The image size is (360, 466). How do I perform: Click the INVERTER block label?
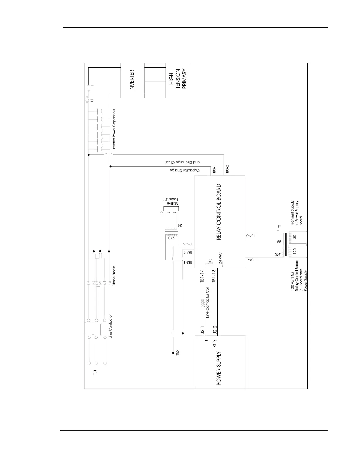132,80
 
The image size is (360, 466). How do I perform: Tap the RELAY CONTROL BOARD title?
219,212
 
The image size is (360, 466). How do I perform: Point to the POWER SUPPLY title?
219,369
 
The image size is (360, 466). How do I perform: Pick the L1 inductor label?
92,100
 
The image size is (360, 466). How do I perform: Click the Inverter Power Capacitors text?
114,129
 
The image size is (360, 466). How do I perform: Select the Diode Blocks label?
114,276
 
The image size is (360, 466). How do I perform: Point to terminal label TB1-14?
202,276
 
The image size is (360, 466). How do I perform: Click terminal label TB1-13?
214,276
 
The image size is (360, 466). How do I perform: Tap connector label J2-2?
215,330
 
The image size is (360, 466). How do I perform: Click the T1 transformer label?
280,226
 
